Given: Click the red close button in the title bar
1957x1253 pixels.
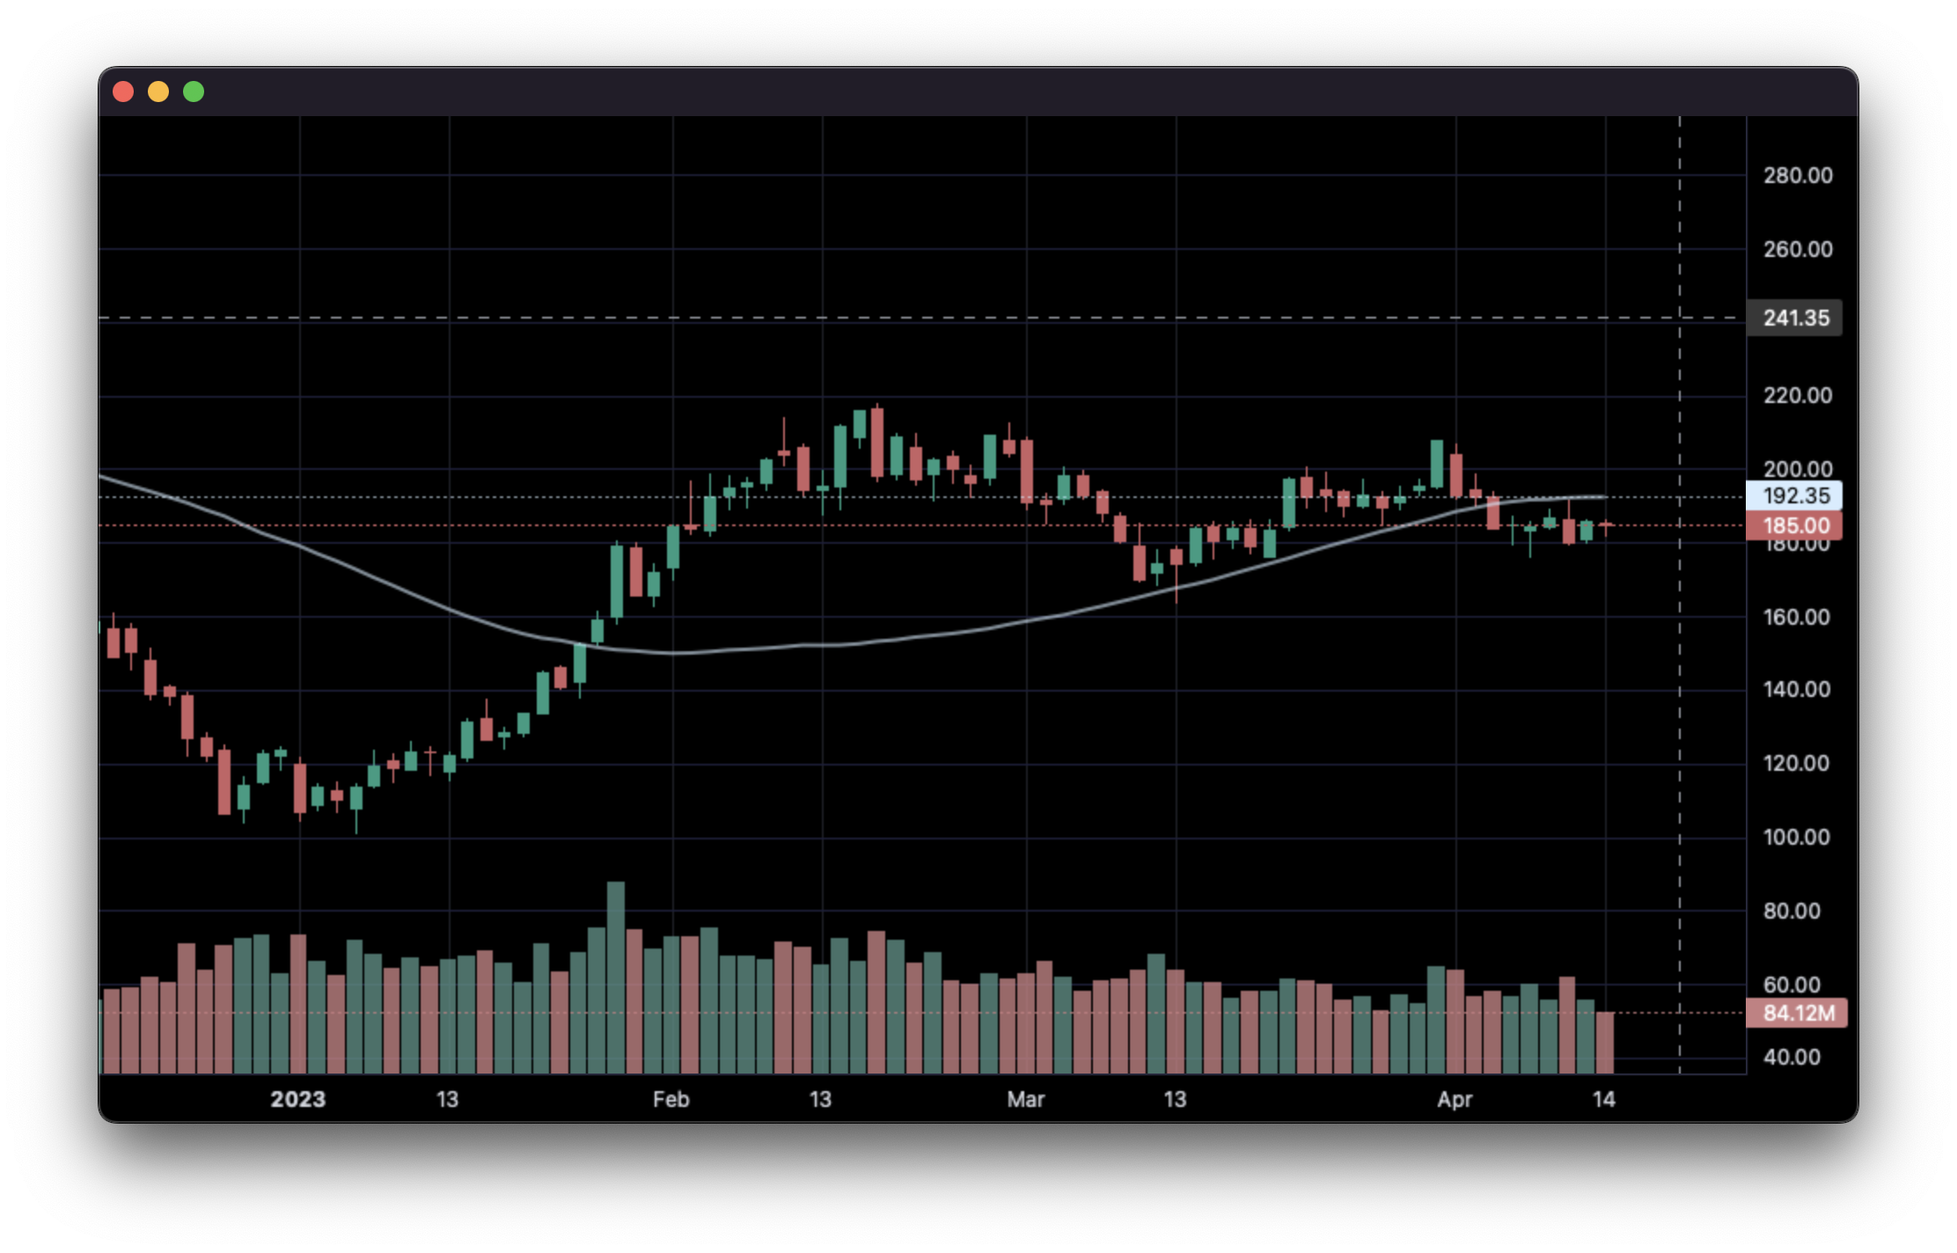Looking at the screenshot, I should coord(123,92).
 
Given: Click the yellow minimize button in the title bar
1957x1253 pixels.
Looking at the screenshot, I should coord(158,92).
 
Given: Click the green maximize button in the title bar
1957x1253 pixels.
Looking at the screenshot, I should coord(194,92).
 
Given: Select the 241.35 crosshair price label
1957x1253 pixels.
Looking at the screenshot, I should coord(1795,318).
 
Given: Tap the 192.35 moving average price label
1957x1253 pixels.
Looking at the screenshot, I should coord(1795,495).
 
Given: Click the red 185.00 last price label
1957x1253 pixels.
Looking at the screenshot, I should coord(1795,525).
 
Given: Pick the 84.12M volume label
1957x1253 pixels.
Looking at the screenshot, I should coord(1798,1013).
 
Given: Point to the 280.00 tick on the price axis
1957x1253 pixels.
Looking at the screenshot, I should coord(1798,175).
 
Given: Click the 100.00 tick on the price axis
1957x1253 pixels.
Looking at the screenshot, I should coord(1798,837).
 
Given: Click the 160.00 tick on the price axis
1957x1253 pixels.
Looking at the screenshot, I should coord(1798,617).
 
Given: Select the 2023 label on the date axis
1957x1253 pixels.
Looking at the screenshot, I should coord(297,1099).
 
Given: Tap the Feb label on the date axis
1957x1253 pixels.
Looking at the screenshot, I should coord(671,1099).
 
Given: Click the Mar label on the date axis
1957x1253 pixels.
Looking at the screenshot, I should coord(1026,1099).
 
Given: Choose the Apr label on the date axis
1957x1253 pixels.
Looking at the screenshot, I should coord(1455,1099).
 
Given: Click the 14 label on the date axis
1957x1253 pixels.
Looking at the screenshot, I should coord(1604,1099).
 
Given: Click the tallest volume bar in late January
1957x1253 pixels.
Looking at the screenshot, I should coord(616,977).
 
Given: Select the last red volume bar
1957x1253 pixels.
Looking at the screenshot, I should coord(1605,1043).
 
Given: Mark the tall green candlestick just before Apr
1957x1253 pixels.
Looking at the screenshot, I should coord(1437,464).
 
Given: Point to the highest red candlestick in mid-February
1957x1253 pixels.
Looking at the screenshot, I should coord(877,443).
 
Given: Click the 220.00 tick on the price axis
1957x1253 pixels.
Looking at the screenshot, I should coord(1798,395).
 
